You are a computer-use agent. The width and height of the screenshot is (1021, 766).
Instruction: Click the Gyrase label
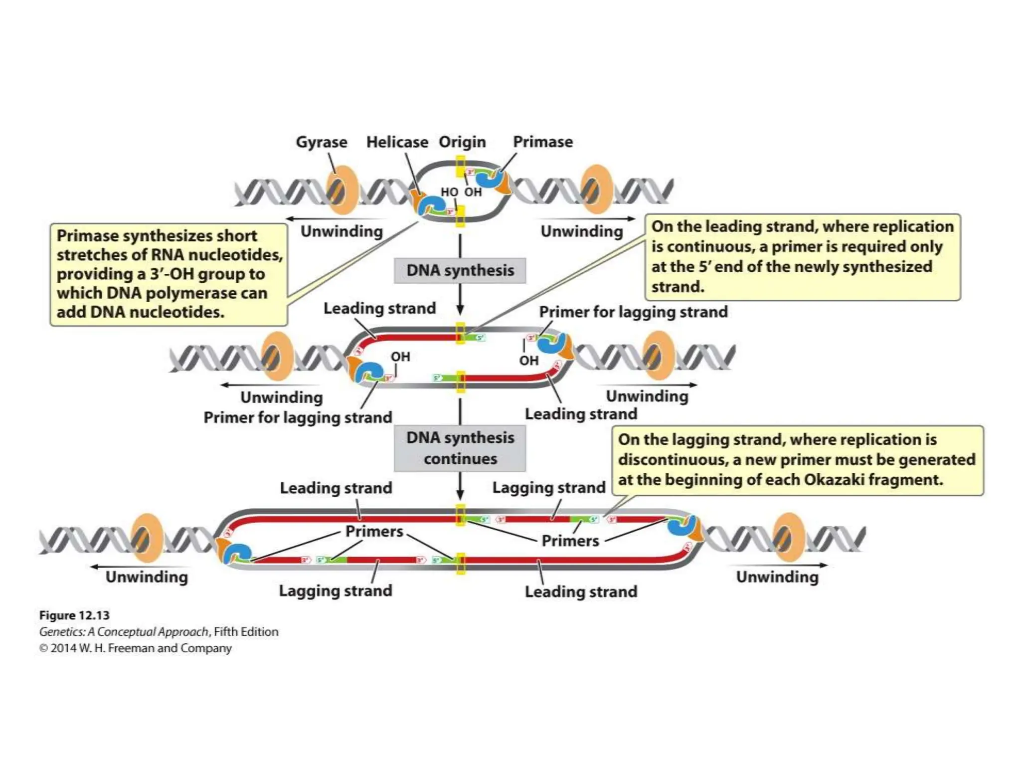click(x=322, y=142)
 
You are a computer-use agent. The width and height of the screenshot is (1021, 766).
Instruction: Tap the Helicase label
click(x=397, y=142)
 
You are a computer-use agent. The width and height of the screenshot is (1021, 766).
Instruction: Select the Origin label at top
click(x=462, y=142)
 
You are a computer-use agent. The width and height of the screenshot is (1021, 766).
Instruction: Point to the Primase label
click(x=543, y=142)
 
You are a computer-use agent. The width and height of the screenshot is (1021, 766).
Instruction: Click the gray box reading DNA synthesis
click(x=460, y=270)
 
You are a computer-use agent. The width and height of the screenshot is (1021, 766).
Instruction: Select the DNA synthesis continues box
click(x=460, y=448)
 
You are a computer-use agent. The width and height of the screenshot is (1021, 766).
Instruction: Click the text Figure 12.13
click(x=74, y=615)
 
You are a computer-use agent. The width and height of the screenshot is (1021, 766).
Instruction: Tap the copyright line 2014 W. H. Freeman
click(x=136, y=648)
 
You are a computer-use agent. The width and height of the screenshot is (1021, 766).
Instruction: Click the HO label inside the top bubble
click(x=449, y=192)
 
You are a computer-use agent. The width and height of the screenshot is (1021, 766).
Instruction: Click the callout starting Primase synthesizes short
click(x=169, y=274)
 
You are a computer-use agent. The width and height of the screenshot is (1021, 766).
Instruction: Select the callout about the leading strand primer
click(x=802, y=257)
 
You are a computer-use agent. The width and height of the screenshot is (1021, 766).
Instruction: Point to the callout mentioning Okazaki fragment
click(x=797, y=460)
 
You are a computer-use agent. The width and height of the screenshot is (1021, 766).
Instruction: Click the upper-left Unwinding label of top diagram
click(x=341, y=231)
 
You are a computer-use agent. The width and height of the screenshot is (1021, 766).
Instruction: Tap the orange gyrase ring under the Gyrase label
click(x=342, y=191)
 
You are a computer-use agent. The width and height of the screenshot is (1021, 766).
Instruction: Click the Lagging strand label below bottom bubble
click(x=336, y=591)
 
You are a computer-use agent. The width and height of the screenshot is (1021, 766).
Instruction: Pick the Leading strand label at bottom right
click(x=581, y=592)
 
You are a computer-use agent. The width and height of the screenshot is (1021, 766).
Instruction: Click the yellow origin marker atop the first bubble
click(x=461, y=166)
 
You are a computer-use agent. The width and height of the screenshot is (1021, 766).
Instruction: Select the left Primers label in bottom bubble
click(x=374, y=532)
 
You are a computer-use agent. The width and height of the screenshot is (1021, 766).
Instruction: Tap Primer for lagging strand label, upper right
click(x=633, y=312)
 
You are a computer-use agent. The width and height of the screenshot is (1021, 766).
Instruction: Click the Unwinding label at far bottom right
click(x=777, y=577)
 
